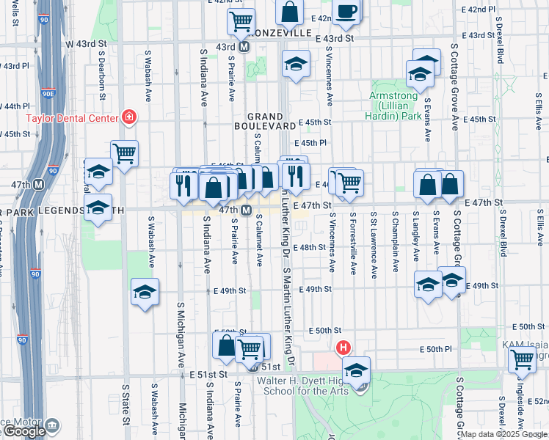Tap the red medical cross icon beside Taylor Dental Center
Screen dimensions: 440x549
129,117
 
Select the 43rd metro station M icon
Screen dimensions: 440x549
245,46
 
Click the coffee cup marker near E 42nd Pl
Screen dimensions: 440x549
346,10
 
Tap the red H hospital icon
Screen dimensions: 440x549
342,348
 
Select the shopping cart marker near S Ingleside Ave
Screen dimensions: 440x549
522,360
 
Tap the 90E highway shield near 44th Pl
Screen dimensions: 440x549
48,94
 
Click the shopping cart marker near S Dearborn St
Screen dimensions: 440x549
125,153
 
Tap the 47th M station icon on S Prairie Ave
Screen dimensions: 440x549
247,210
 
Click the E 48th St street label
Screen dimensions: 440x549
309,248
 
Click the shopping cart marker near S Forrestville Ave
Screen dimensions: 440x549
349,182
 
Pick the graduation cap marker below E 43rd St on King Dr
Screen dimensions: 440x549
296,65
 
